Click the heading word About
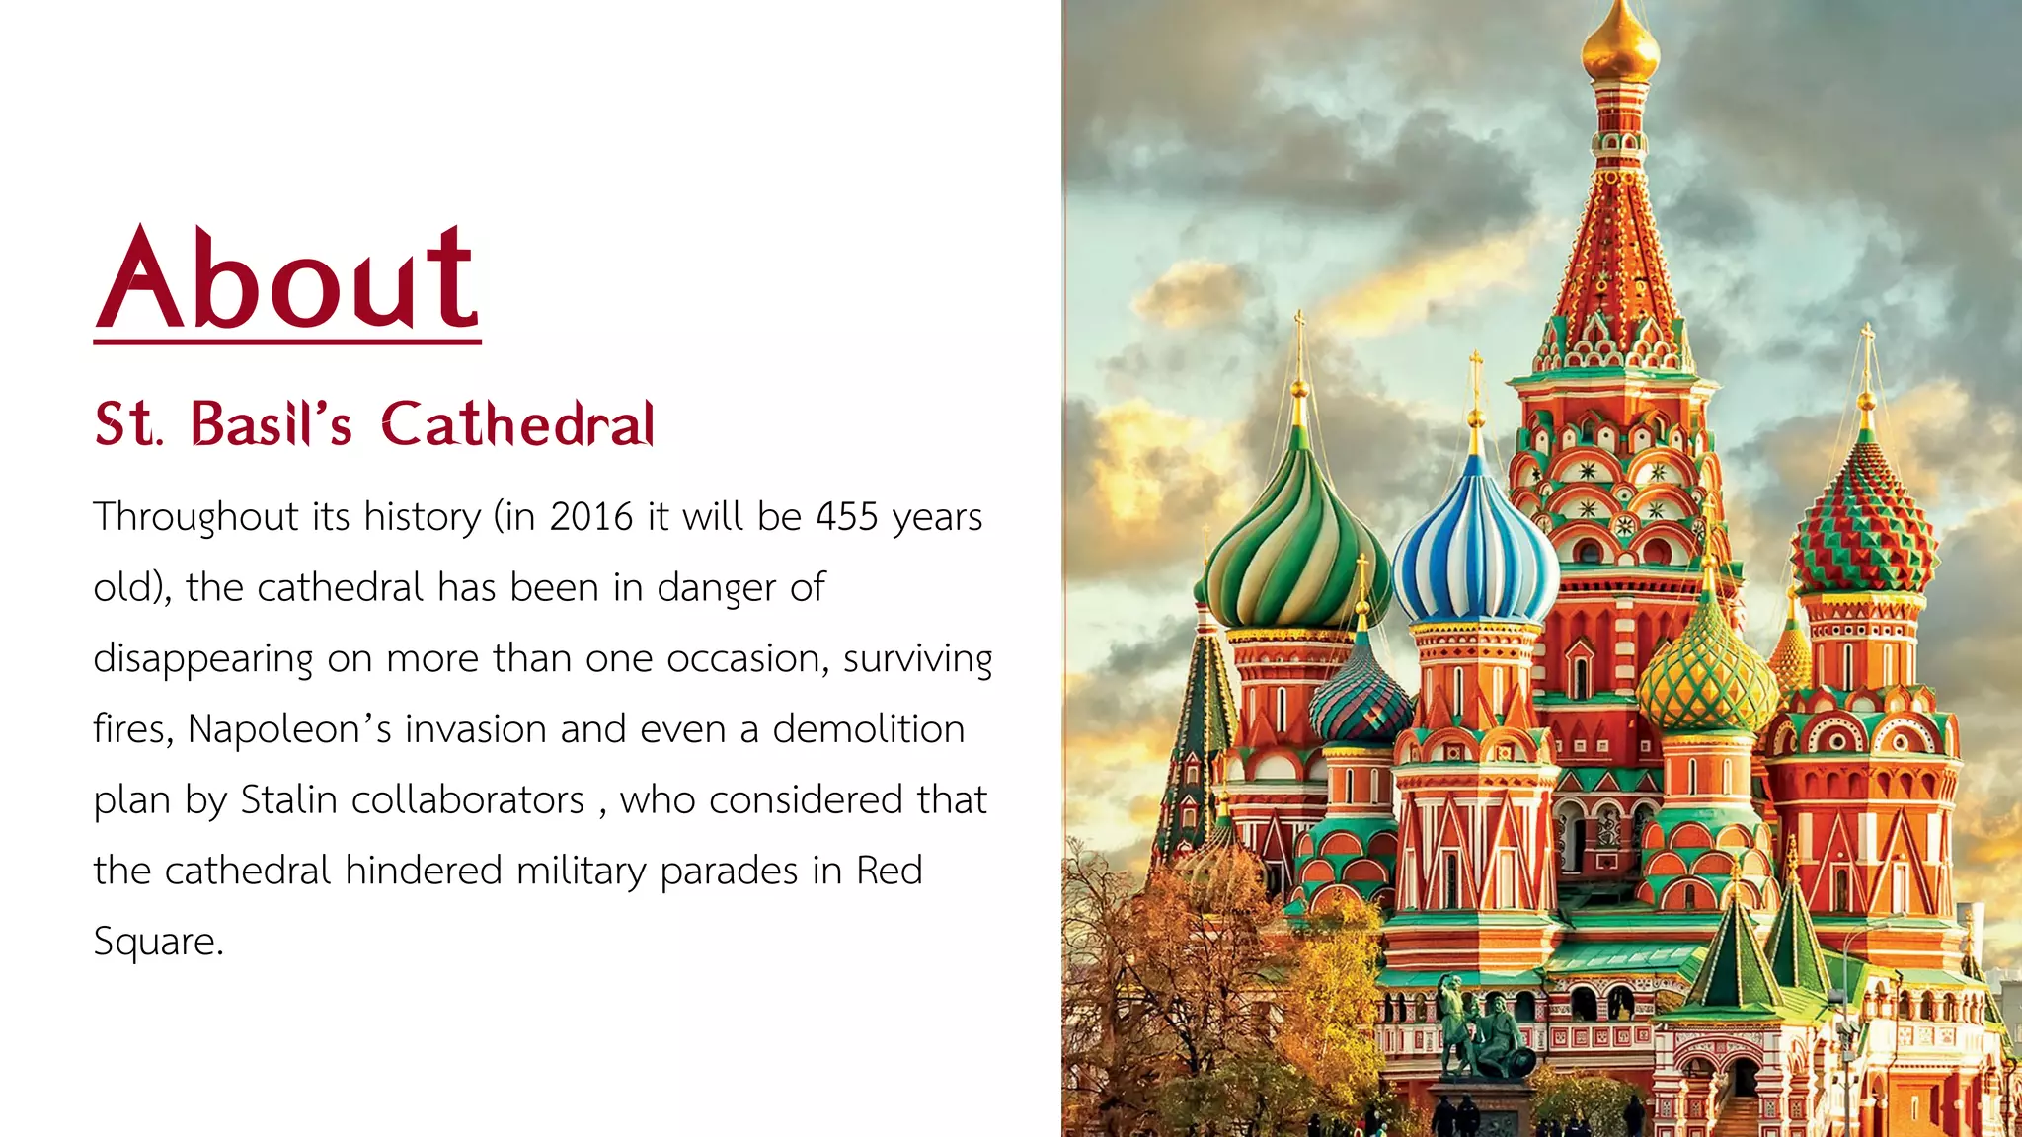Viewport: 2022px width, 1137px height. pyautogui.click(x=287, y=278)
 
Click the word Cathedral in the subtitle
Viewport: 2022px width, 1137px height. pyautogui.click(x=517, y=424)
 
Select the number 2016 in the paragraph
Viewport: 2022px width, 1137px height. pyautogui.click(x=590, y=517)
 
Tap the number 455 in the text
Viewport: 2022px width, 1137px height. pyautogui.click(x=846, y=517)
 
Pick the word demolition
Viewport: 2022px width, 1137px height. pyautogui.click(x=868, y=729)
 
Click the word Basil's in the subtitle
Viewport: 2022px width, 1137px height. pyautogui.click(x=271, y=424)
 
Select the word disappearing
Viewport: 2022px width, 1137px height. pyautogui.click(x=202, y=659)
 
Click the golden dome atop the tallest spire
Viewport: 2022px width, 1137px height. pyautogui.click(x=1619, y=44)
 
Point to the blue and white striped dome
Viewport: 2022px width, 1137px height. pyautogui.click(x=1475, y=553)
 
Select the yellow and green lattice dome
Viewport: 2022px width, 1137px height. pyautogui.click(x=1706, y=676)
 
